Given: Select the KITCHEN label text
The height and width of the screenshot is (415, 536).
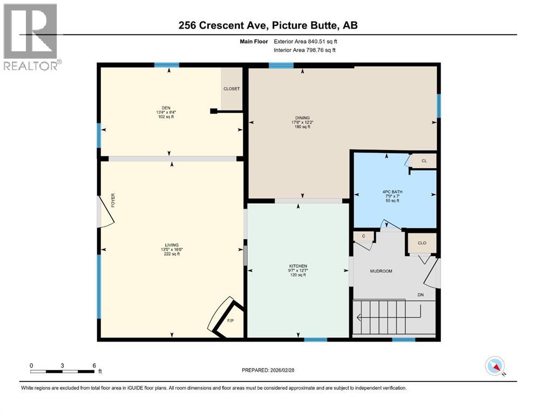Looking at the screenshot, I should (298, 266).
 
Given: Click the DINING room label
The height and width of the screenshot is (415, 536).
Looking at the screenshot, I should (302, 117).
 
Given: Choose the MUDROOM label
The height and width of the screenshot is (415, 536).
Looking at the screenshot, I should (381, 271).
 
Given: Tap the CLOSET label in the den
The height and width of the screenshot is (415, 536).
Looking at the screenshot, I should (232, 89).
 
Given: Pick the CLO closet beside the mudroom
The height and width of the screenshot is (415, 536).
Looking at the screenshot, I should (422, 243).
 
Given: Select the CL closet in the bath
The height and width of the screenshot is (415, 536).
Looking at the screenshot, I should (424, 160).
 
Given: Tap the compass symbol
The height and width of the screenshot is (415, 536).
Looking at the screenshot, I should (496, 366).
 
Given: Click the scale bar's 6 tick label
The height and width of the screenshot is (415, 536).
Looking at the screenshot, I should (94, 365).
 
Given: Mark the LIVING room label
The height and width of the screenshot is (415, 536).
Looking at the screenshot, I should (172, 245).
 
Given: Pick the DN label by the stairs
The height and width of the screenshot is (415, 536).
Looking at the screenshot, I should (420, 294).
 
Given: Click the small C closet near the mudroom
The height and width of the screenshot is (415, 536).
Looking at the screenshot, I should (364, 236).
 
